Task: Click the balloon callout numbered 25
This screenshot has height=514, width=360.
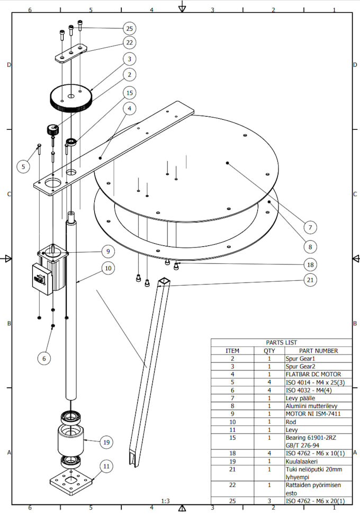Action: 130,28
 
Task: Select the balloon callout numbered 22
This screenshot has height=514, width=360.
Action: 130,42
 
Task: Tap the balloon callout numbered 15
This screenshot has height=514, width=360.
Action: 130,92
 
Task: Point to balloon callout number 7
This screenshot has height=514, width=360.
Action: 312,227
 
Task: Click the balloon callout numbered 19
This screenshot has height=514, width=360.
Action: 106,441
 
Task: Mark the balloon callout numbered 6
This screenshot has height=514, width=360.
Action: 44,358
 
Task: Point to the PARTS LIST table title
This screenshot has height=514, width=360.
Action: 281,343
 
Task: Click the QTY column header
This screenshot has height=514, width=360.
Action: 269,351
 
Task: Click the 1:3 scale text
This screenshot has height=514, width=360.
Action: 166,501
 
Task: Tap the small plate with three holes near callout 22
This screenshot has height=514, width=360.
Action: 70,52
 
